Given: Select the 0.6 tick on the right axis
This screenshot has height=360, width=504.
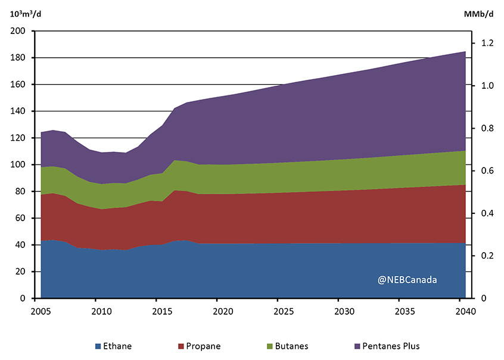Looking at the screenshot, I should (x=488, y=171).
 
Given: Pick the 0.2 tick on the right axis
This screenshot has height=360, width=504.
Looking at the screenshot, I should (x=488, y=256).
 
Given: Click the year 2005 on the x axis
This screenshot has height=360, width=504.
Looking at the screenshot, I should (x=40, y=312).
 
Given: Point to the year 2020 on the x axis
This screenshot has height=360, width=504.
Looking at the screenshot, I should (x=222, y=312).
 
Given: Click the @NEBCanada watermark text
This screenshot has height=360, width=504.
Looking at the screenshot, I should (x=407, y=278).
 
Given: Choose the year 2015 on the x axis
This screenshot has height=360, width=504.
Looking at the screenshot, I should (x=161, y=312).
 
